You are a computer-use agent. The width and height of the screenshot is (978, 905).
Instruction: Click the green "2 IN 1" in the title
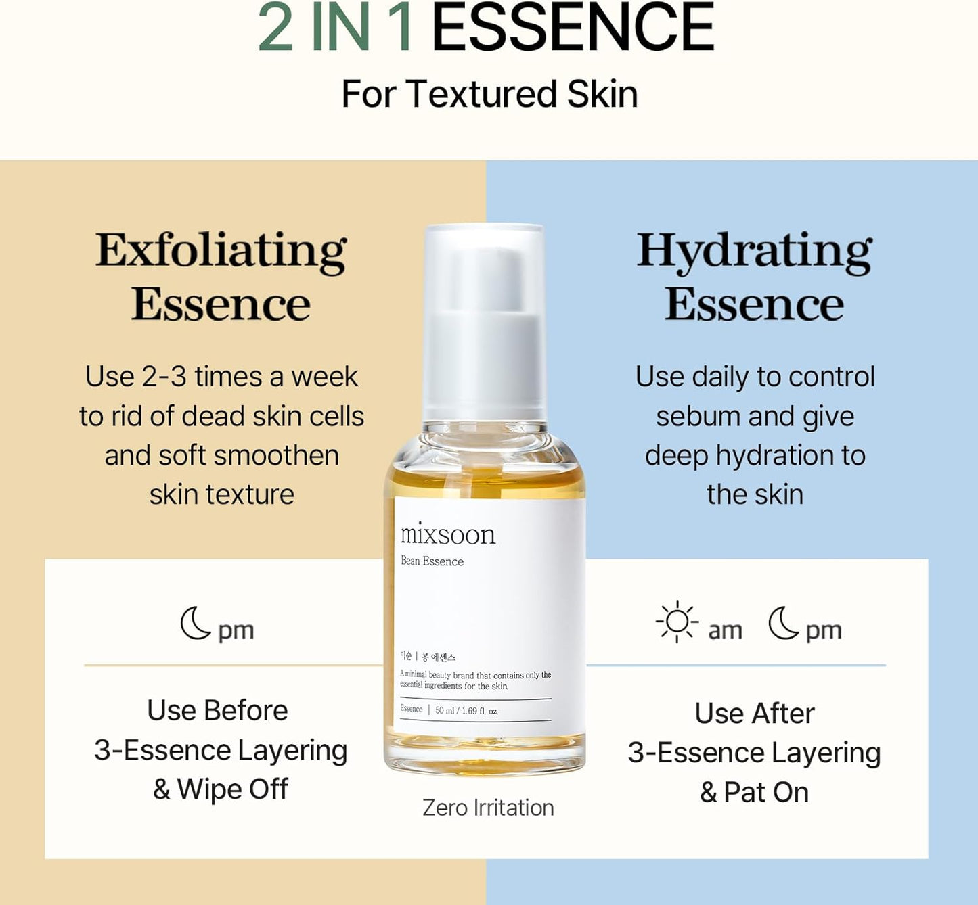336,28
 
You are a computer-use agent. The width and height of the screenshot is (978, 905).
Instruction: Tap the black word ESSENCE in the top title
573,28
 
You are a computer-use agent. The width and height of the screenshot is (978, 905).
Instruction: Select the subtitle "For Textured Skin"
489,94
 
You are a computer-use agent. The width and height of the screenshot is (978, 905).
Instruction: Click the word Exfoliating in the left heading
221,251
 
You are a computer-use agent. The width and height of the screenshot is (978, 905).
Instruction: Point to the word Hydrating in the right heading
754,251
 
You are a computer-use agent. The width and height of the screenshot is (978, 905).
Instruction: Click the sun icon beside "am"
676,622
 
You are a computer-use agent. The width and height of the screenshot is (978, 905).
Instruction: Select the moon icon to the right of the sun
784,623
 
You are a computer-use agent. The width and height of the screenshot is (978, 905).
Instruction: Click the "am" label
725,630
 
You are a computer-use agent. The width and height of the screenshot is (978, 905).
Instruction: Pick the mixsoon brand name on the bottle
448,535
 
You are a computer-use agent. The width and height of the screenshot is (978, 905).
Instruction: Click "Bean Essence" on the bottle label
432,561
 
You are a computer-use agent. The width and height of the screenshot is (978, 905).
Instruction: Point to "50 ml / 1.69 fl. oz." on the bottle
466,711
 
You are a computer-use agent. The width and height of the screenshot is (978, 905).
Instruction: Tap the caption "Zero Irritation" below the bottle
488,808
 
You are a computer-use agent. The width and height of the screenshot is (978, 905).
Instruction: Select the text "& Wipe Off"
221,789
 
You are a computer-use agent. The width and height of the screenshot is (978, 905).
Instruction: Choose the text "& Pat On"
754,792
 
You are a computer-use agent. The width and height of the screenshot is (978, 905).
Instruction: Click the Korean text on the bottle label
428,657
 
